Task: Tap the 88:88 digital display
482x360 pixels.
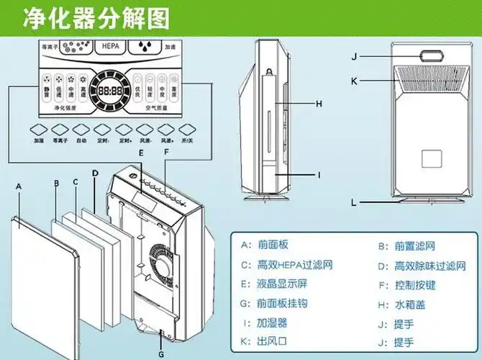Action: point(110,92)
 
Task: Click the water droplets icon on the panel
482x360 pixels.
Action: point(143,46)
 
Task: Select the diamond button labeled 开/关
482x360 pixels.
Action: point(190,129)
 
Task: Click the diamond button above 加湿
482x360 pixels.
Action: point(39,129)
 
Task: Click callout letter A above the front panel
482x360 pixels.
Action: point(19,185)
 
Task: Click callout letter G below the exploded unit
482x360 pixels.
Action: point(161,354)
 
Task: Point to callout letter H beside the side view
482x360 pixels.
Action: point(319,104)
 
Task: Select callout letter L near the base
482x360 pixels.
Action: point(353,203)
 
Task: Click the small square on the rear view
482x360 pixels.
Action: point(429,156)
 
